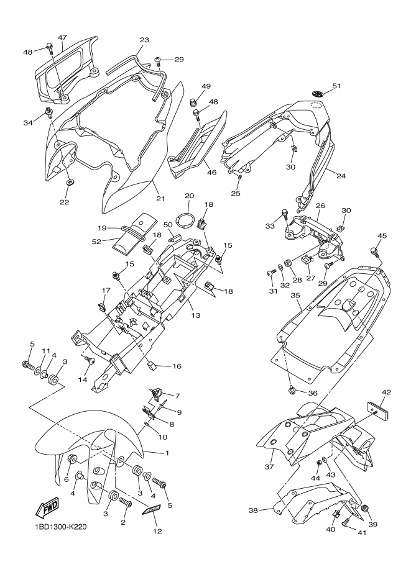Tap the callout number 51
[x=336, y=86]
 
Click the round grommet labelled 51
[x=318, y=93]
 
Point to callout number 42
[x=386, y=392]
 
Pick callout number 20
[x=189, y=196]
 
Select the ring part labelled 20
[x=186, y=219]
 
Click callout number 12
[x=157, y=531]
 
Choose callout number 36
[x=313, y=392]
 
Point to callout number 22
[x=65, y=202]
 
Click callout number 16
[x=177, y=366]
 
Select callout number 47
[x=62, y=38]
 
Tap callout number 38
[x=252, y=510]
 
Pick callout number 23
[x=144, y=40]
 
